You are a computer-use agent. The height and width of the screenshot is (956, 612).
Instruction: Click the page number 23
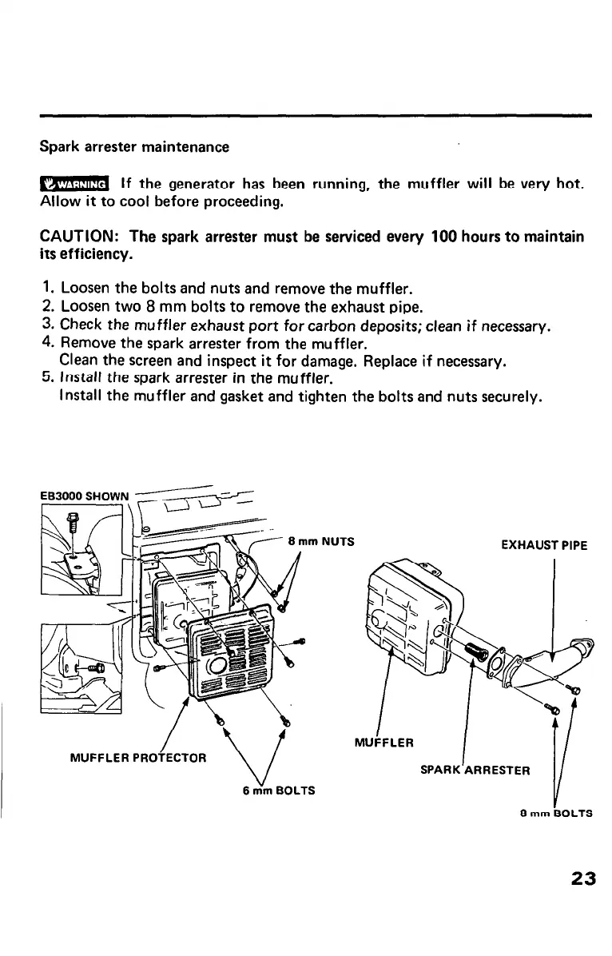(x=583, y=878)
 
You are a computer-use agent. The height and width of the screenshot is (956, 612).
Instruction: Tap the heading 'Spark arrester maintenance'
(x=134, y=148)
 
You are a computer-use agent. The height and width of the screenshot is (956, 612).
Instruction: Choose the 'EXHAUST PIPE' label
(x=543, y=546)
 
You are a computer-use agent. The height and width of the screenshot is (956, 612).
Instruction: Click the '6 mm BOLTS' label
(x=277, y=791)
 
